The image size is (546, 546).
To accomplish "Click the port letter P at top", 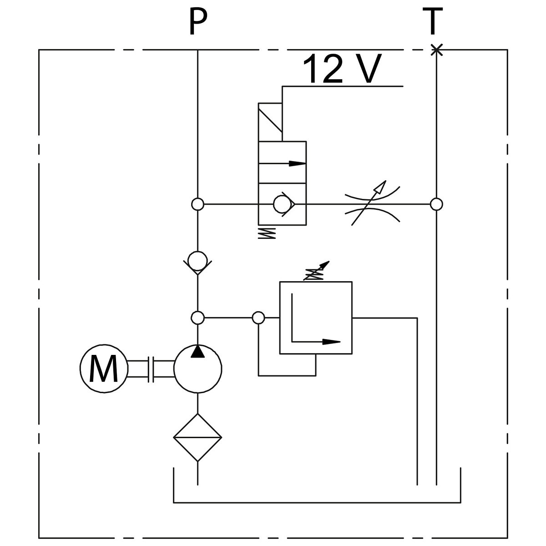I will pos(197,21).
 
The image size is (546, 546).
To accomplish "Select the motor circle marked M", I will pos(104,369).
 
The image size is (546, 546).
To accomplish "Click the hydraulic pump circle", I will pos(197,369).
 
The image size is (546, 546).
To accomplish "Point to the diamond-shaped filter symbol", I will pos(197,437).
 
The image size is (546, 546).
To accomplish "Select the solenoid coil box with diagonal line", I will pos(270,122).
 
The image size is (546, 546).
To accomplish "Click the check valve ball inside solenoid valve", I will pos(283,204).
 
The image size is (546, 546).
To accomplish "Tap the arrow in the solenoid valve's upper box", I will pos(283,162).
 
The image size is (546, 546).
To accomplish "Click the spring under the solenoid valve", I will pos(267,233).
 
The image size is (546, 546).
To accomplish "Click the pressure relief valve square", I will pos(316,318).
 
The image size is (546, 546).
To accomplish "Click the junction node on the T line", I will pos(436,204).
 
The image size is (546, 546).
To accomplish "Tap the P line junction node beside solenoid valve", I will pos(197,204).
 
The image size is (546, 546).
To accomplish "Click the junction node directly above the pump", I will pos(197,318).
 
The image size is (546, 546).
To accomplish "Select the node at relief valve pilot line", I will pos(258,318).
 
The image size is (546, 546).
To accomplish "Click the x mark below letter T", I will pos(436,50).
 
